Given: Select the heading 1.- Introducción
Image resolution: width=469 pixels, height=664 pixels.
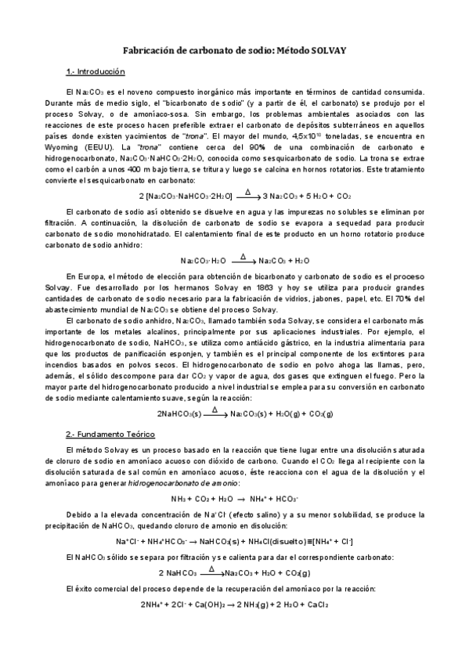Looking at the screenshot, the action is coord(96,72).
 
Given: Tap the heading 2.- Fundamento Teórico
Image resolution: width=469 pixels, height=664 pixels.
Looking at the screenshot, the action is coord(110,433).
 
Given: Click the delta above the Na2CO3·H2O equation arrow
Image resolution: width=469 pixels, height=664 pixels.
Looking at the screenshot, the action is coord(244,256).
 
